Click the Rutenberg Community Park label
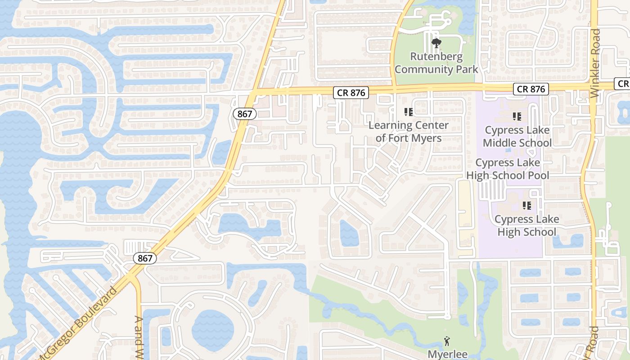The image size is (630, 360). (436, 63)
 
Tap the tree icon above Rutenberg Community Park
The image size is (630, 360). (436, 43)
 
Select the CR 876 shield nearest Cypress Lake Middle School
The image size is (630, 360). (531, 89)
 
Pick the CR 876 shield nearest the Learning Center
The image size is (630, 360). (351, 93)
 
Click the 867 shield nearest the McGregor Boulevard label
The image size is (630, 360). (145, 258)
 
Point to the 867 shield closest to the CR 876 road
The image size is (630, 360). (244, 114)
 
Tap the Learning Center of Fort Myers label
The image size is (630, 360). (409, 131)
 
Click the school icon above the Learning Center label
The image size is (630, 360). (409, 112)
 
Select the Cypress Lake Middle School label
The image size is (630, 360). (517, 136)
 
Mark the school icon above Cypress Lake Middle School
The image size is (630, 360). (517, 117)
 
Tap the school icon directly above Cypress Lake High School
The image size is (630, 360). (526, 206)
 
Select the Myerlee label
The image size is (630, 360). (447, 354)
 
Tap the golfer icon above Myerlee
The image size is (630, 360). (447, 341)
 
